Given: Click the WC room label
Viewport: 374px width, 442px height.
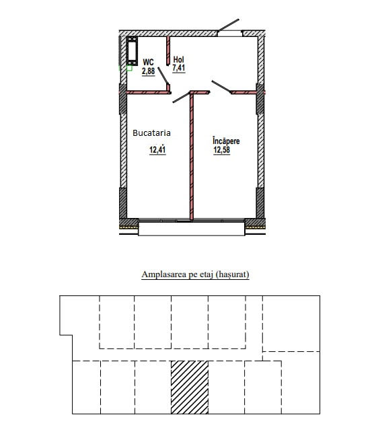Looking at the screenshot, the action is click(x=148, y=62).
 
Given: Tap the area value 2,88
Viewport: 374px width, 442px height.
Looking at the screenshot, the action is click(x=149, y=71).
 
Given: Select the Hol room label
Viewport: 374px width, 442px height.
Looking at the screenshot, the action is click(x=179, y=59).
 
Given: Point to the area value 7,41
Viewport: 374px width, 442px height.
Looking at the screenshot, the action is click(x=179, y=68).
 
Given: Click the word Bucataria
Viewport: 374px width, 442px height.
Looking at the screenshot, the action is click(x=151, y=133).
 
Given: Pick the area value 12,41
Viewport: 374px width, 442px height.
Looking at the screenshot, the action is click(x=157, y=149).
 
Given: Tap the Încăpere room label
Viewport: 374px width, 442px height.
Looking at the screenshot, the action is click(x=226, y=141).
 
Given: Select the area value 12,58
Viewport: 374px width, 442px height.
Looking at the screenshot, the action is click(x=222, y=150).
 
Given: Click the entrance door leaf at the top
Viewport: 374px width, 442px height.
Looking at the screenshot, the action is click(x=228, y=25).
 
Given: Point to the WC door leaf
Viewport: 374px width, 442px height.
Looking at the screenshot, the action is click(x=163, y=75).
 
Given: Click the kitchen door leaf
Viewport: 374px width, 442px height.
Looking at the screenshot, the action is click(x=181, y=98).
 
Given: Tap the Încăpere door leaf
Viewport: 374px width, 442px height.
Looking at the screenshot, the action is click(x=221, y=87).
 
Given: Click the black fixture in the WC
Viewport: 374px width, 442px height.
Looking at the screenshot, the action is click(x=132, y=50).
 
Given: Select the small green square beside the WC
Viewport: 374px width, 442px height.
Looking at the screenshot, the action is click(x=129, y=68).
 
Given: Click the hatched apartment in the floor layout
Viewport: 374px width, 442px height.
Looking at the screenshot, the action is click(x=190, y=388).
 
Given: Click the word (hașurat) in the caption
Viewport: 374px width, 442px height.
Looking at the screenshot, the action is click(x=232, y=274).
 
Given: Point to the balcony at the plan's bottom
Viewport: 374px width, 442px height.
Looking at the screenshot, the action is click(x=191, y=229).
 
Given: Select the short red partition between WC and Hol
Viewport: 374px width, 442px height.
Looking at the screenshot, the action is click(x=168, y=51).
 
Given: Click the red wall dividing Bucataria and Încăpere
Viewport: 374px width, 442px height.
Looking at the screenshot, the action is click(x=192, y=156).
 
